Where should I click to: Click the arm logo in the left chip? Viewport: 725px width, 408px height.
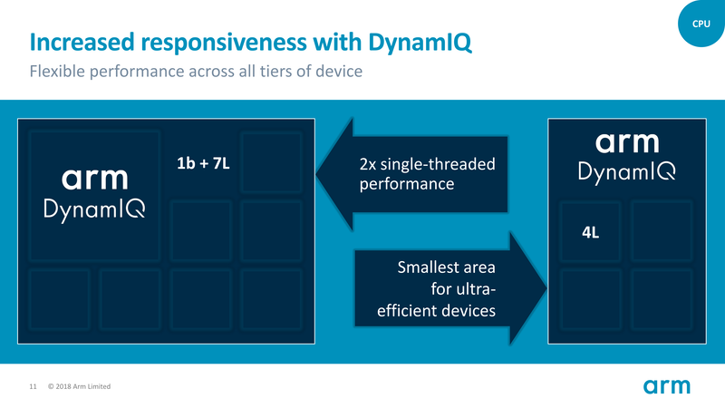[x=95, y=178]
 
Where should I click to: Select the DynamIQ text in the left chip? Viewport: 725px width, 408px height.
[x=95, y=209]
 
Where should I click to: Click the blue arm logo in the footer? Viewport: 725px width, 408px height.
[x=667, y=387]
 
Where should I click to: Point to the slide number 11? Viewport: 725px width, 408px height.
[x=33, y=388]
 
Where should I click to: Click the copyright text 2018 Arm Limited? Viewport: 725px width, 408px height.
[x=79, y=388]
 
